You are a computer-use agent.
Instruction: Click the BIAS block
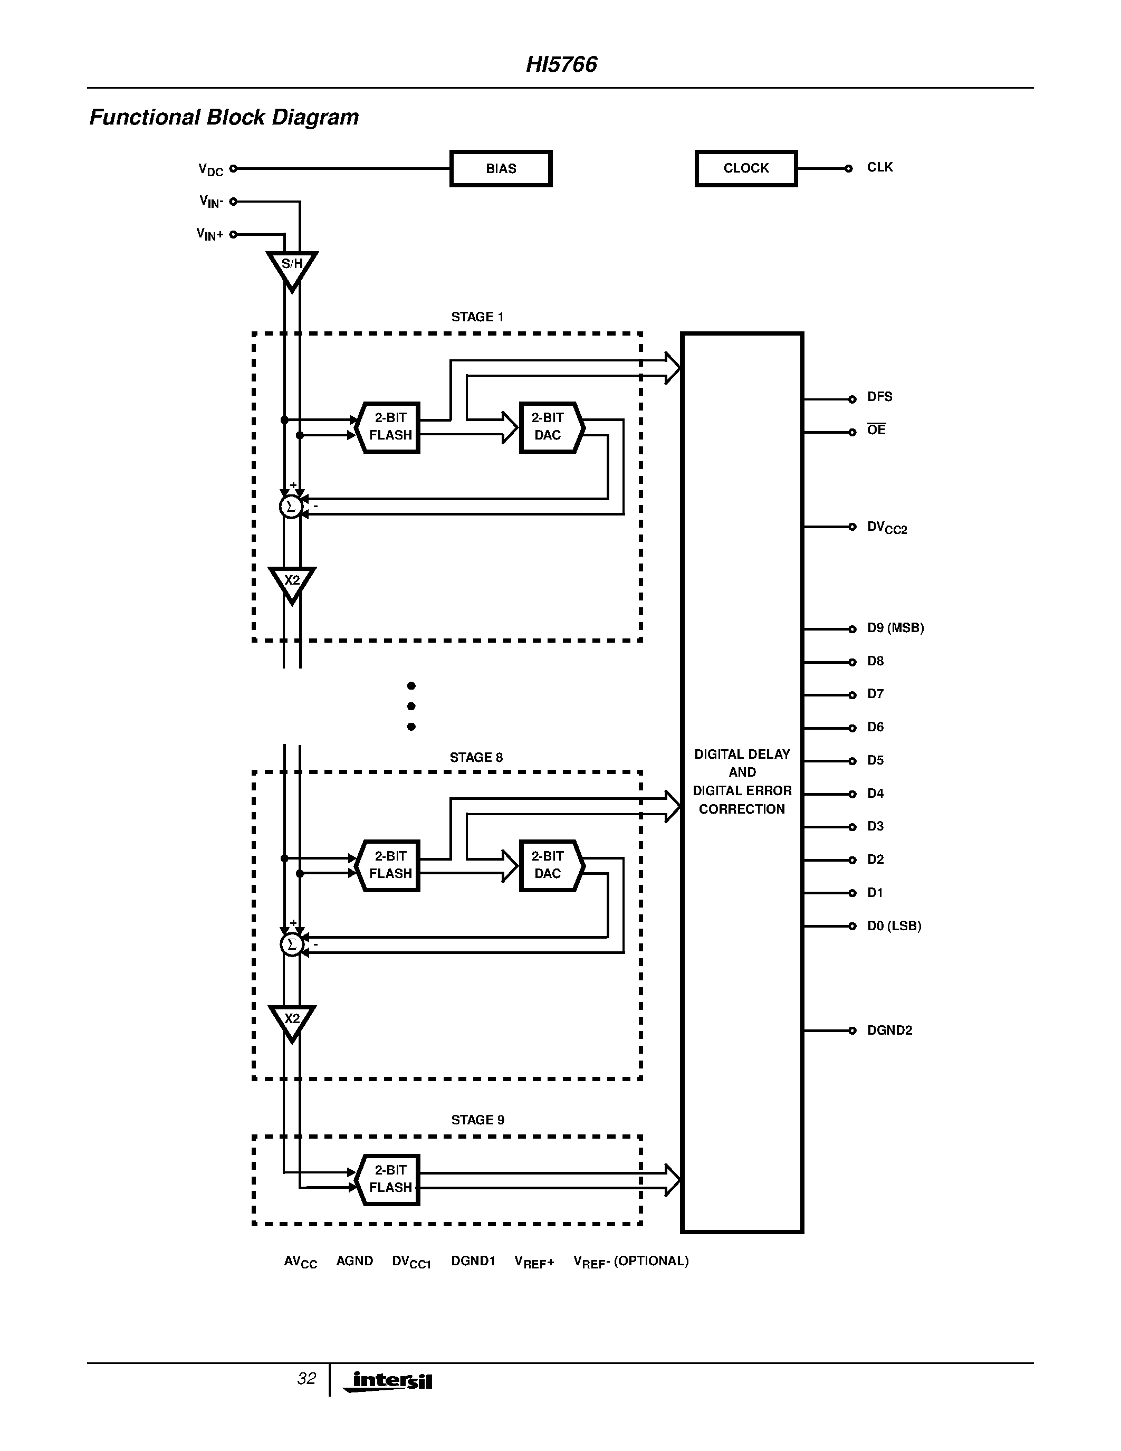[x=501, y=169]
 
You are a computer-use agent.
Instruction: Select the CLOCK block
[x=746, y=169]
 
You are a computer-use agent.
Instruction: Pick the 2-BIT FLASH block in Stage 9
[x=389, y=1179]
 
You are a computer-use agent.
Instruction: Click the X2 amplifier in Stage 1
[x=292, y=583]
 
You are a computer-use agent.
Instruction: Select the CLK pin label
[x=880, y=167]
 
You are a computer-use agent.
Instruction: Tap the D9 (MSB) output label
[x=895, y=628]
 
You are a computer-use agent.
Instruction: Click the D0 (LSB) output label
[x=894, y=926]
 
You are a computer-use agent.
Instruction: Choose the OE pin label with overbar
[x=876, y=430]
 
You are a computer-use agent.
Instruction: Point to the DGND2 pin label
[x=889, y=1030]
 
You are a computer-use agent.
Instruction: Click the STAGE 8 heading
[x=476, y=757]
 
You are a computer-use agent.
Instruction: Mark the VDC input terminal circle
[x=233, y=169]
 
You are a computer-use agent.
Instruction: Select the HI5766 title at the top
[x=561, y=64]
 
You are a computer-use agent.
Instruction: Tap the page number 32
[x=306, y=1379]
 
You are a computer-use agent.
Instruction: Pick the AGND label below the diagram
[x=354, y=1261]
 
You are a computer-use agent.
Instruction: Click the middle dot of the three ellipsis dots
[x=411, y=706]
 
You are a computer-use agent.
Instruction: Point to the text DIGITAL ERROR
[x=742, y=790]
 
